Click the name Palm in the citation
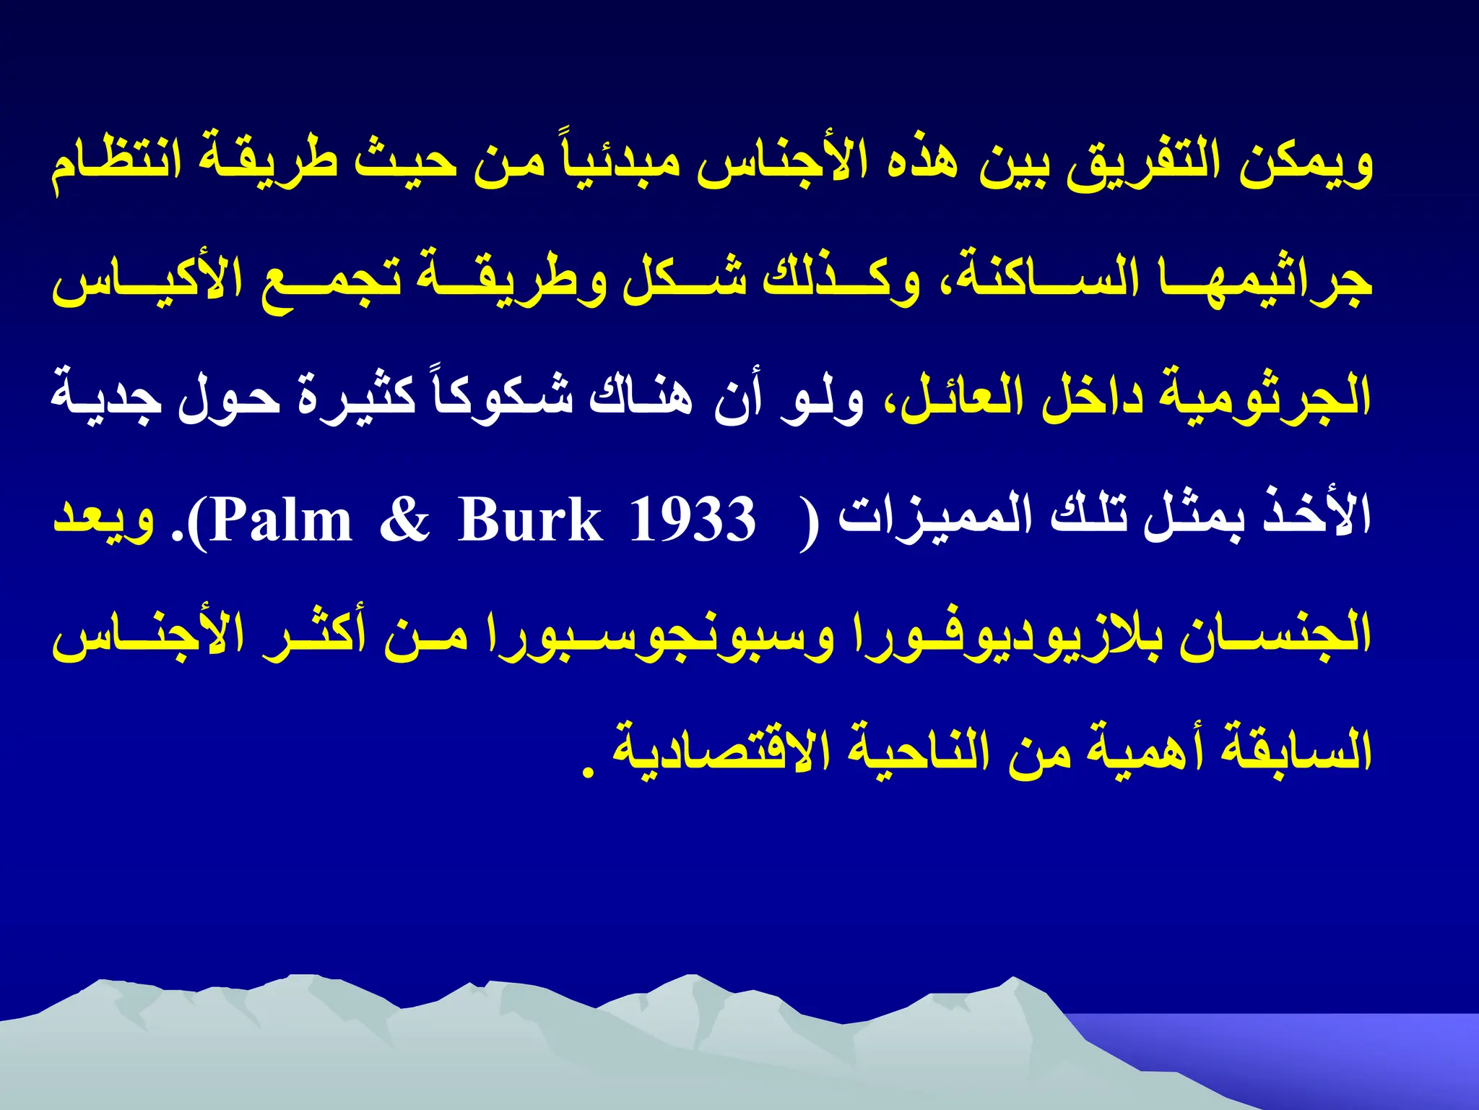(282, 520)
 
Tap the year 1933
(693, 520)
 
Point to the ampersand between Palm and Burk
(404, 520)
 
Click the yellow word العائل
(961, 400)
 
